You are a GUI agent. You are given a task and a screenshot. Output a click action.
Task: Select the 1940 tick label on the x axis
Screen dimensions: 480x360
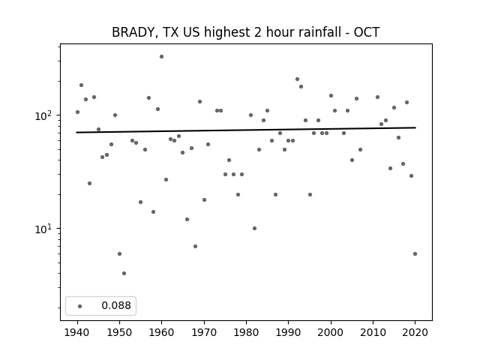77,332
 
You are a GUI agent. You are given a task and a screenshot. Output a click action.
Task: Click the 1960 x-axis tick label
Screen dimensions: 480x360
162,332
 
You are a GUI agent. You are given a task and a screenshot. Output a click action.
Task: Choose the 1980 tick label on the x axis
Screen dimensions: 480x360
246,332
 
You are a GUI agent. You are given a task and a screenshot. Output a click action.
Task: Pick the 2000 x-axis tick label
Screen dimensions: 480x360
331,332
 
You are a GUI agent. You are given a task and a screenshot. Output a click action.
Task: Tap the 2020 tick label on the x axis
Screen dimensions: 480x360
415,332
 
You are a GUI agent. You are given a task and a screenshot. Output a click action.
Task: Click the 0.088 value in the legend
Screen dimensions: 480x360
116,305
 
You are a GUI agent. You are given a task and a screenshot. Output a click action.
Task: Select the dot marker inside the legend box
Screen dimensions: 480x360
80,306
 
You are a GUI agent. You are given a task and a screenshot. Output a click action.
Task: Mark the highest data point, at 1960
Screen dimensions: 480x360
162,57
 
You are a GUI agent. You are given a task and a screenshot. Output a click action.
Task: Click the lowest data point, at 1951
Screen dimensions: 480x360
124,273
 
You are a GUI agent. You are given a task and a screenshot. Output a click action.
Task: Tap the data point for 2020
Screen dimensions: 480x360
415,253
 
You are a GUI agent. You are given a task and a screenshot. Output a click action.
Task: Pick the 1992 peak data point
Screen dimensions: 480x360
297,79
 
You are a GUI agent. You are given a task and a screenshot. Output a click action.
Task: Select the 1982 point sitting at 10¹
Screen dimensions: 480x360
255,228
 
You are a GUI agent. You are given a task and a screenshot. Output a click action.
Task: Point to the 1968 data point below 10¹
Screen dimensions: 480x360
195,247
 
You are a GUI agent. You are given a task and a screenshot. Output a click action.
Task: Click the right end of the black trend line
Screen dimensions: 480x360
415,127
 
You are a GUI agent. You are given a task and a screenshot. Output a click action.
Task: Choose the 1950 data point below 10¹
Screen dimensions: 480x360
120,253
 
